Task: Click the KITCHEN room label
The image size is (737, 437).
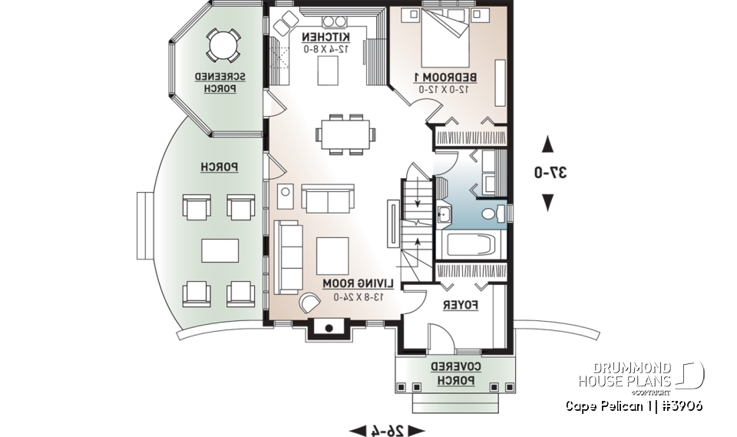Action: click(x=326, y=37)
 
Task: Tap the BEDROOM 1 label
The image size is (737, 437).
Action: click(x=446, y=78)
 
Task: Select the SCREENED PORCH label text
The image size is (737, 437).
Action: click(x=220, y=83)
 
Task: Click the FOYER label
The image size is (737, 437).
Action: click(x=461, y=305)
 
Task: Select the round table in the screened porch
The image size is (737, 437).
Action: click(x=223, y=45)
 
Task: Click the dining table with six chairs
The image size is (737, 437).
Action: click(x=345, y=134)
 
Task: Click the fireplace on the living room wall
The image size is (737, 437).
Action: click(x=329, y=328)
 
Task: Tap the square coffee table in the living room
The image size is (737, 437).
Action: click(x=332, y=254)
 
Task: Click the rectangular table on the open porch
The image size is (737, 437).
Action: click(x=220, y=250)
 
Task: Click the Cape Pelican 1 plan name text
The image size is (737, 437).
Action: click(x=633, y=406)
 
